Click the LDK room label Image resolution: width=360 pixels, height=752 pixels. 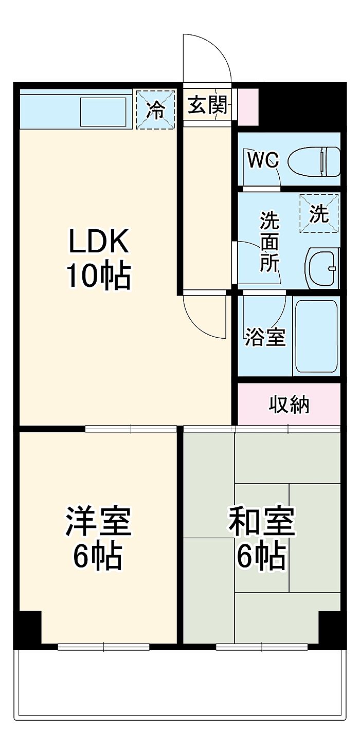tap(99, 242)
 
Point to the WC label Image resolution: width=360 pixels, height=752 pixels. tap(263, 160)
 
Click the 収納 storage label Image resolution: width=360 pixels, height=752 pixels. tap(289, 405)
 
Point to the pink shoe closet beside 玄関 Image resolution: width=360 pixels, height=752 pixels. tap(248, 106)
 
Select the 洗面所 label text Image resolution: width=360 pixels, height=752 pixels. tap(269, 242)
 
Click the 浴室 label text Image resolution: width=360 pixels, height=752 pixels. tap(264, 337)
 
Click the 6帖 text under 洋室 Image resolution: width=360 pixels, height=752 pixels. tap(98, 556)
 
